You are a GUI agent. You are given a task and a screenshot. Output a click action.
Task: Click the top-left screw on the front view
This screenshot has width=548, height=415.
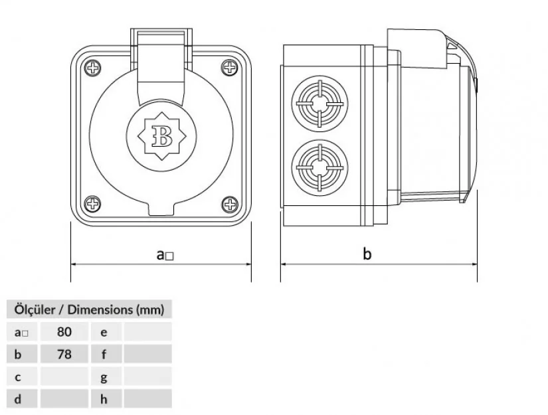tap(92, 67)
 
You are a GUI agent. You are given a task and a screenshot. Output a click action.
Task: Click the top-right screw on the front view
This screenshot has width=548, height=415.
tap(230, 67)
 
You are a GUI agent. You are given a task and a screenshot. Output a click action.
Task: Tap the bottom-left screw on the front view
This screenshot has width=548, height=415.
tap(92, 204)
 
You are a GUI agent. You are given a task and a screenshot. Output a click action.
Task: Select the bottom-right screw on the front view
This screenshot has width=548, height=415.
tap(230, 204)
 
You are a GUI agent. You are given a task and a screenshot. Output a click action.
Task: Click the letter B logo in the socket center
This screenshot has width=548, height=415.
tap(161, 136)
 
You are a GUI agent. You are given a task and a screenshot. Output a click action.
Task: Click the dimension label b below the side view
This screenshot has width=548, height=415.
tap(367, 254)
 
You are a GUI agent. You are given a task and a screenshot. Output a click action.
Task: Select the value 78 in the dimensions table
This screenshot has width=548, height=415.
tap(64, 354)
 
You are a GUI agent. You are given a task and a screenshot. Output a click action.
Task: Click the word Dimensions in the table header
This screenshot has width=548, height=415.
tap(98, 309)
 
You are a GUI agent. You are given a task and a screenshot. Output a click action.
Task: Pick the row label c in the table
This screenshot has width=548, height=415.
tap(18, 377)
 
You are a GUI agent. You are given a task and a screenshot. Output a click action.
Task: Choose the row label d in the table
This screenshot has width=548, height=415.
tap(18, 399)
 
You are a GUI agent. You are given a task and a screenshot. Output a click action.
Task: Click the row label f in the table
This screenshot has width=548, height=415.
tap(104, 354)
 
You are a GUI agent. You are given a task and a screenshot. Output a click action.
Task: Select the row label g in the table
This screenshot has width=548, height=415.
tap(104, 377)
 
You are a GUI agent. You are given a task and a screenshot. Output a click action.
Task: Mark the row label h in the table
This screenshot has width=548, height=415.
tap(104, 399)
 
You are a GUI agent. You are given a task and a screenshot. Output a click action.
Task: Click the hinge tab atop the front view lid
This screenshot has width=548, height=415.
tap(161, 36)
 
